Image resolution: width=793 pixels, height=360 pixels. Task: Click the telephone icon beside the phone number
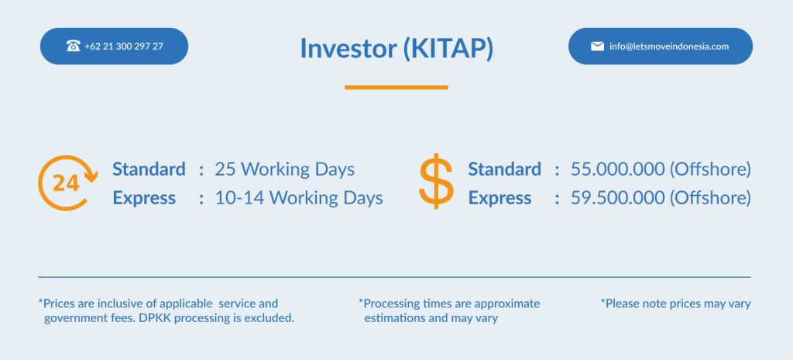(74, 46)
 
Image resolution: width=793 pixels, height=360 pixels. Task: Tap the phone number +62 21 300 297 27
(124, 46)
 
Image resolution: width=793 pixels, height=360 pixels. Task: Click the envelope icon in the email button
(597, 46)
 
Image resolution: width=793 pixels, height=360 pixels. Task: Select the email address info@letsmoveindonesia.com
(669, 46)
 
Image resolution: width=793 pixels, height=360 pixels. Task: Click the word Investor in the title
(348, 49)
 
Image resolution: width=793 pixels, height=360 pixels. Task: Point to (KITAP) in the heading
(448, 49)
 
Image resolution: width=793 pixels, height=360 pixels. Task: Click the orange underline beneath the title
(396, 87)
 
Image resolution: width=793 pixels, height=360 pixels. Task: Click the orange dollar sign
(437, 181)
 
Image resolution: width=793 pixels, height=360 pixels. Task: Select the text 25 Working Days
(285, 170)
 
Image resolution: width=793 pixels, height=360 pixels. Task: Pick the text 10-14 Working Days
(299, 198)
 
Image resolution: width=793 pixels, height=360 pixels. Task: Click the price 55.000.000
(617, 170)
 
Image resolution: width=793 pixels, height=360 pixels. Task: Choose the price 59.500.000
(617, 198)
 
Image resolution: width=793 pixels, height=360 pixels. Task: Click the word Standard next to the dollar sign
(504, 170)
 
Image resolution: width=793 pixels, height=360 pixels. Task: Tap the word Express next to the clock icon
(144, 198)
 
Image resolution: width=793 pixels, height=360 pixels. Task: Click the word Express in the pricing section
(499, 198)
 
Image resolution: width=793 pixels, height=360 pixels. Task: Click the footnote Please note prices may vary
(675, 304)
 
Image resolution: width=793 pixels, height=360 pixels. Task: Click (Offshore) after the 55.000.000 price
(711, 170)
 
